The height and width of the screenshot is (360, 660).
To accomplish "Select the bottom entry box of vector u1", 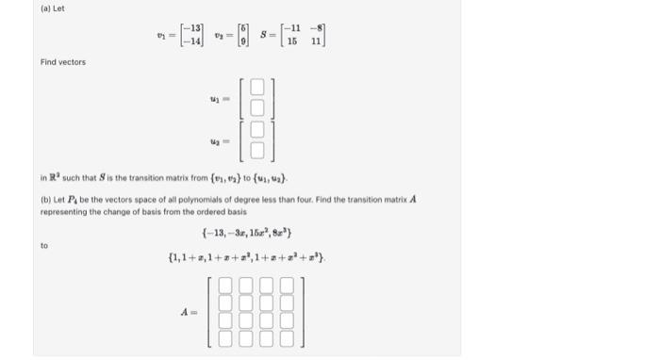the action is pyautogui.click(x=256, y=107).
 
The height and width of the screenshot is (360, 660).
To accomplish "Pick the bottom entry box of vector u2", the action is pyautogui.click(x=256, y=151).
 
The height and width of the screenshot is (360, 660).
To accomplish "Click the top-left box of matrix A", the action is pyautogui.click(x=225, y=285).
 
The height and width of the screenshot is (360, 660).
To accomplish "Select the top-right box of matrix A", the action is pyautogui.click(x=286, y=285).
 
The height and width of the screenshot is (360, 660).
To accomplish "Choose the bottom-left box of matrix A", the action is pyautogui.click(x=225, y=339).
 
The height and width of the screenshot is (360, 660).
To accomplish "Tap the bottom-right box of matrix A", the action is pyautogui.click(x=286, y=339).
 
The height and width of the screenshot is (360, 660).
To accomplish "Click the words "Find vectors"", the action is pyautogui.click(x=62, y=62).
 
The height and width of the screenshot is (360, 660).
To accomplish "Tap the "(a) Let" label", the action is pyautogui.click(x=53, y=9).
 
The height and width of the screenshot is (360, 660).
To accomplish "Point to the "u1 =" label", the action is pyautogui.click(x=218, y=97).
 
